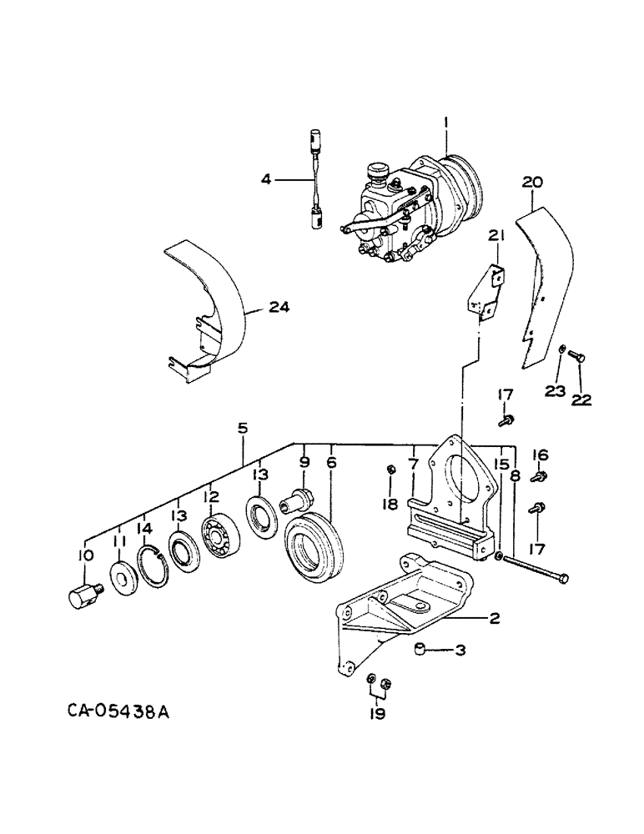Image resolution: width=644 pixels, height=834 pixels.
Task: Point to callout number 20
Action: coord(533,181)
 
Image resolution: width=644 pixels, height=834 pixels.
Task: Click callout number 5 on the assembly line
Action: coord(242,429)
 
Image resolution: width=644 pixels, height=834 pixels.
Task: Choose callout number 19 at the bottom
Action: coord(378,714)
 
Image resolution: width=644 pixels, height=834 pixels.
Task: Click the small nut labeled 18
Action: coord(391,473)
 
